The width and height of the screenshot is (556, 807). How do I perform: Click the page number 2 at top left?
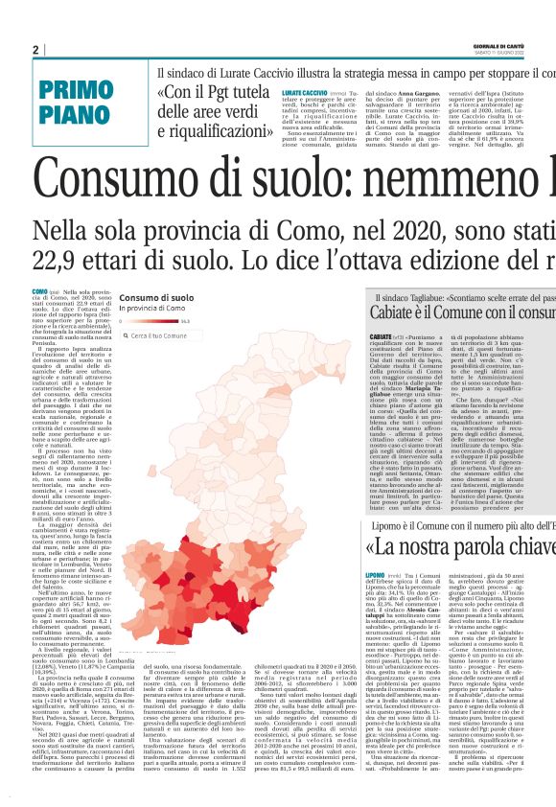pos(35,50)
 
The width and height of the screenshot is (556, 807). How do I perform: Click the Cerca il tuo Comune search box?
pos(174,336)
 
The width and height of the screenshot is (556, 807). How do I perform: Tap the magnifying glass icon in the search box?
pos(125,336)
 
